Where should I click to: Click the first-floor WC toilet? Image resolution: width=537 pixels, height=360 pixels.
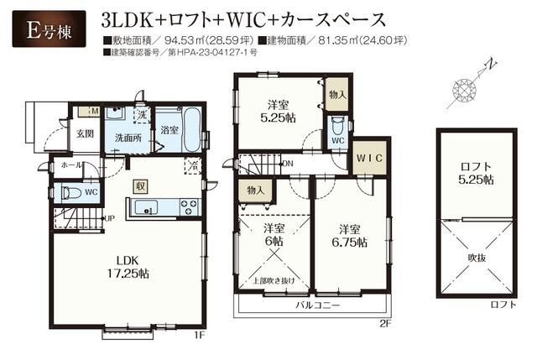70,192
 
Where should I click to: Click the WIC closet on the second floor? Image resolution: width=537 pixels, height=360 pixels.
366,158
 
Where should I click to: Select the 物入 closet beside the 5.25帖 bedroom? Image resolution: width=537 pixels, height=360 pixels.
336,95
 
